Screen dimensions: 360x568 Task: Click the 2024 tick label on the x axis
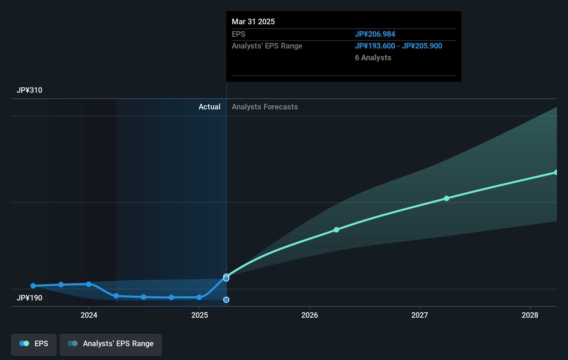(x=89, y=315)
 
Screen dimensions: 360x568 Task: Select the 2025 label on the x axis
(x=200, y=315)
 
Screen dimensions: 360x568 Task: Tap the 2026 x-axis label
(x=310, y=315)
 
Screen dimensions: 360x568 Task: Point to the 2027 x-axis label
(x=420, y=315)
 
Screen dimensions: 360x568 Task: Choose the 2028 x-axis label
(x=530, y=315)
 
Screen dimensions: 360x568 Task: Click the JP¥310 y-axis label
(x=29, y=90)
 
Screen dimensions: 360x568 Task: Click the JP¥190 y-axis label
(x=29, y=298)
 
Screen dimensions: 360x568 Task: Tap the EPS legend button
(x=34, y=344)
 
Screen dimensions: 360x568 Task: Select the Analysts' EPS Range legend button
(x=111, y=344)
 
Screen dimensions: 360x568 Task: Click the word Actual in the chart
(x=209, y=107)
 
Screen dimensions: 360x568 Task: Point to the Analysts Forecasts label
(x=265, y=107)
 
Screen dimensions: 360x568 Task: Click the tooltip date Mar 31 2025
(x=253, y=22)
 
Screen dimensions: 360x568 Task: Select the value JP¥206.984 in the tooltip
(x=375, y=34)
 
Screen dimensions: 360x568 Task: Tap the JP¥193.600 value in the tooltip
(x=375, y=46)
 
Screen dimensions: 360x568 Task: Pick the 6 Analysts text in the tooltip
(x=373, y=58)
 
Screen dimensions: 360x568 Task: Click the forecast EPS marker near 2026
(x=336, y=230)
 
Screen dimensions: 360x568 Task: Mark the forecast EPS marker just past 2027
(x=446, y=198)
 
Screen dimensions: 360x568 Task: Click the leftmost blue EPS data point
(x=33, y=286)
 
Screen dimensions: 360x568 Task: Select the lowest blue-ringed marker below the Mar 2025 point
(x=226, y=300)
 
